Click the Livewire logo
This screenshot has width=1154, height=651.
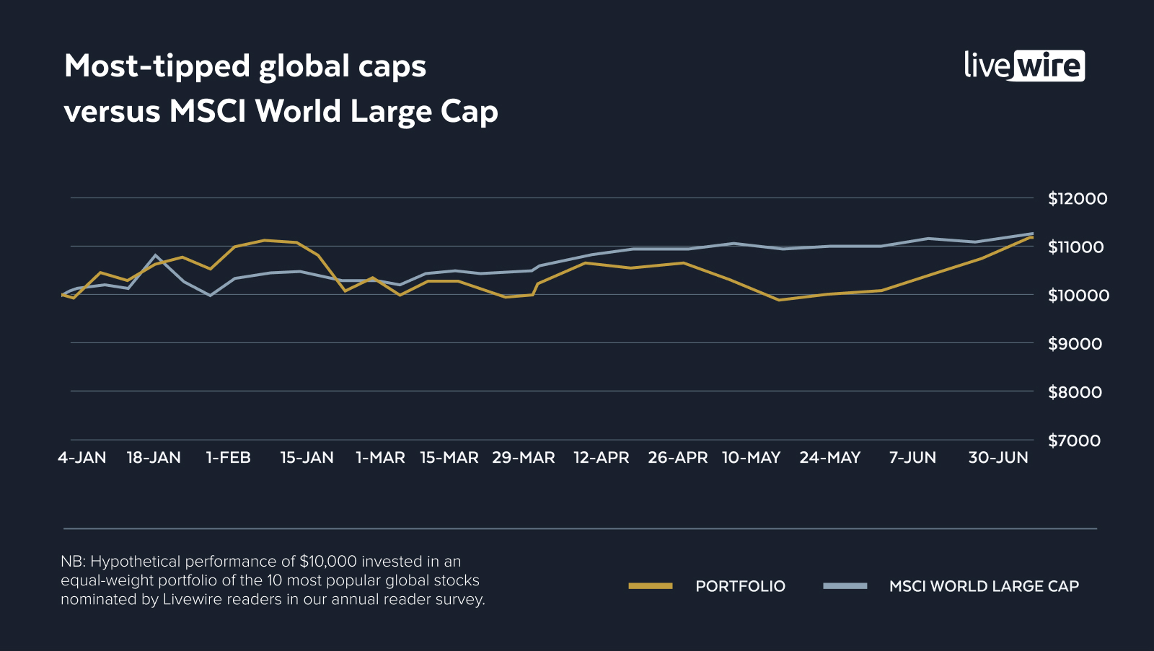click(x=1024, y=66)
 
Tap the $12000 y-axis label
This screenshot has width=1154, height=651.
click(x=1077, y=199)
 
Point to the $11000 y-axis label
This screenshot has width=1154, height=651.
click(x=1075, y=247)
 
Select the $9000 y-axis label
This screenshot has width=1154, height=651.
click(x=1075, y=344)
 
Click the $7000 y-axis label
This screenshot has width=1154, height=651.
click(x=1074, y=440)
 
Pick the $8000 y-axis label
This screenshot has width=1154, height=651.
click(x=1075, y=392)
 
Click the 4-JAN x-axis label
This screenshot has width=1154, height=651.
click(x=82, y=458)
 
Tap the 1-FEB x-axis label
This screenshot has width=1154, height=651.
click(x=229, y=458)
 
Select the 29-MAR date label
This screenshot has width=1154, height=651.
click(x=524, y=458)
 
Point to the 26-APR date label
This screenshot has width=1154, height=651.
click(x=678, y=458)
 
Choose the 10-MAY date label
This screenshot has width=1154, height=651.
click(x=752, y=458)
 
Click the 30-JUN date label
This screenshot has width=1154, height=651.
click(x=998, y=458)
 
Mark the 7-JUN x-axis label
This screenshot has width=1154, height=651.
click(x=912, y=458)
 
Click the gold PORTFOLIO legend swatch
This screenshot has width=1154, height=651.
click(x=651, y=586)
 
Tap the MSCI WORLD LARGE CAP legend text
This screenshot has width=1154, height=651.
click(x=984, y=586)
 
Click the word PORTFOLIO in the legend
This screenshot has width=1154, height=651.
click(x=740, y=586)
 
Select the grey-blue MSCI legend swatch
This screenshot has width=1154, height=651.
click(x=845, y=586)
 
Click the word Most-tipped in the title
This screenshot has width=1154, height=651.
click(x=156, y=66)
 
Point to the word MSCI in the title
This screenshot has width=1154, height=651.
click(x=208, y=112)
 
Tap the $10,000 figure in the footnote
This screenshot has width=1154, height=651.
click(x=328, y=562)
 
